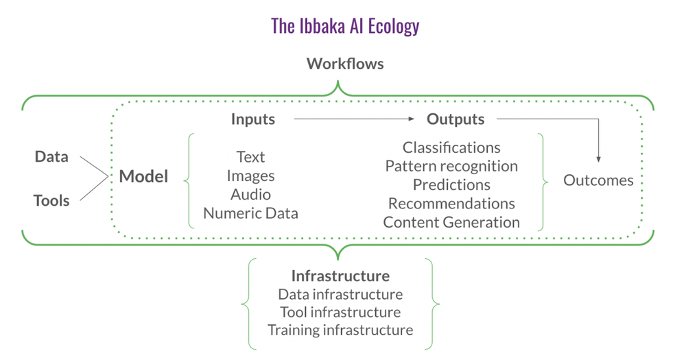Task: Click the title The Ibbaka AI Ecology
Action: [345, 27]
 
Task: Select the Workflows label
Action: [344, 64]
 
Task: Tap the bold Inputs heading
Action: [252, 119]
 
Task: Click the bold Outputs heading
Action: [456, 119]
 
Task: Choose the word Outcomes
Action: [598, 180]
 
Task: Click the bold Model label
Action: [143, 176]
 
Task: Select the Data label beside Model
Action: [51, 156]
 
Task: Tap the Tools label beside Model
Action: [51, 200]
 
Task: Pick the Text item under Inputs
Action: [250, 157]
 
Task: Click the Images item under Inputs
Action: [250, 176]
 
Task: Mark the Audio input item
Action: [250, 194]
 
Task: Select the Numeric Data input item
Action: [250, 213]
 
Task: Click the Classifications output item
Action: [451, 147]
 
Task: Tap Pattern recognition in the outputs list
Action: [451, 166]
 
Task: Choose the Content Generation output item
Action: [451, 222]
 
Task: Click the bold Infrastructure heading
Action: [340, 276]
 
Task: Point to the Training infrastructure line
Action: [340, 330]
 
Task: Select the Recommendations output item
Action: [451, 204]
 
